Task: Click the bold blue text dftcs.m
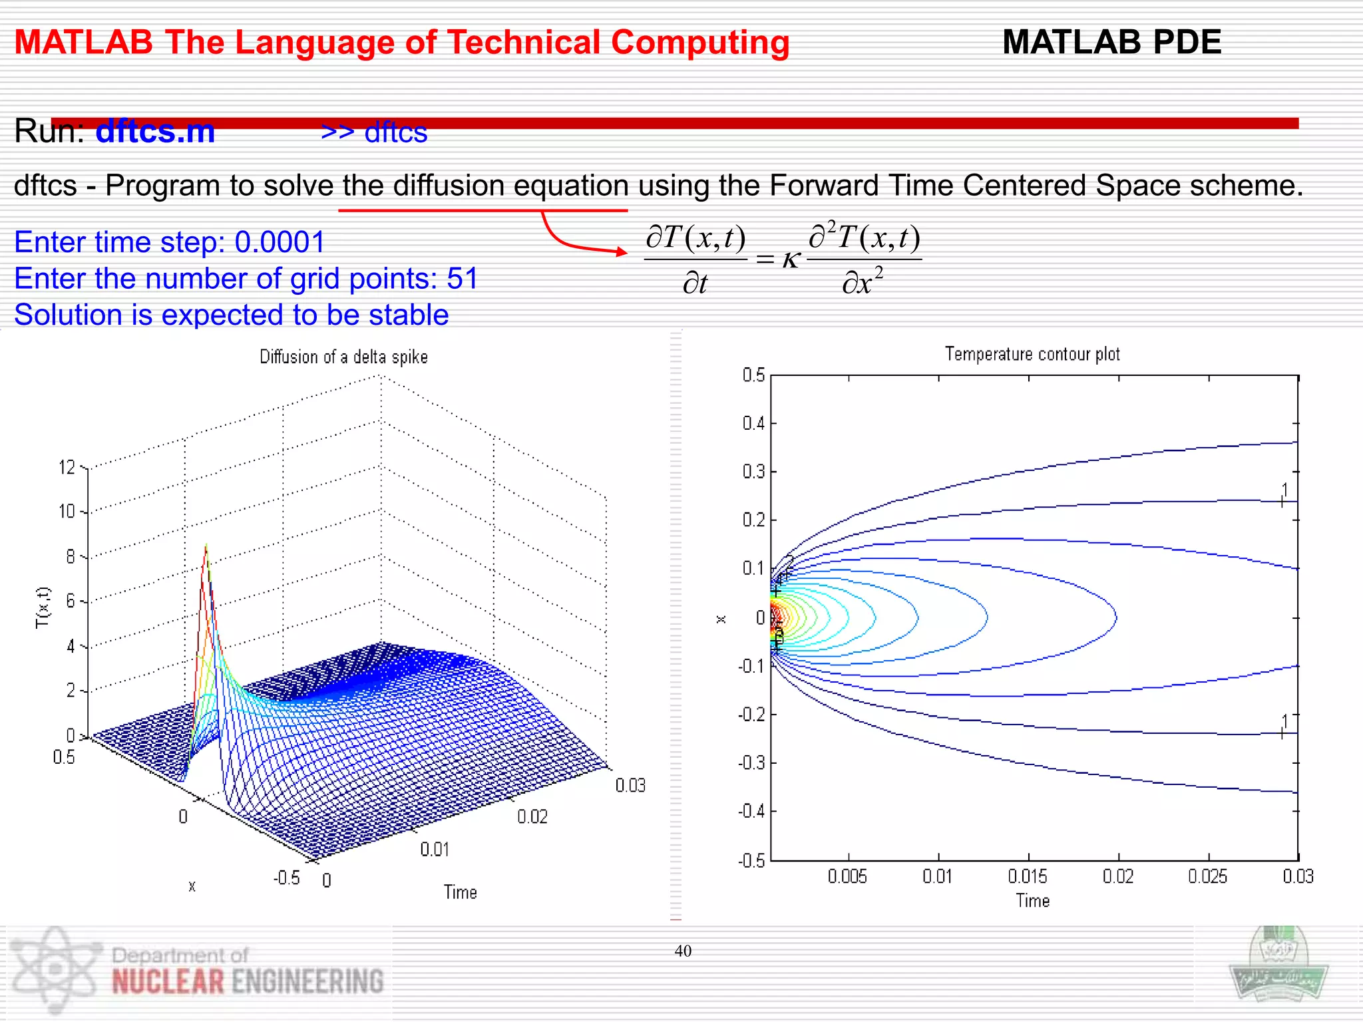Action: click(x=155, y=131)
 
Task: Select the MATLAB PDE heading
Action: click(x=1111, y=43)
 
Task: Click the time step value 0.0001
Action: click(x=280, y=242)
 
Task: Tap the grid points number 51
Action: click(x=463, y=279)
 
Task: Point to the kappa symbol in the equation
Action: click(x=791, y=259)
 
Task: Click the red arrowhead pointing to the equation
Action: click(x=621, y=252)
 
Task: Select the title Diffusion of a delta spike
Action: click(x=343, y=357)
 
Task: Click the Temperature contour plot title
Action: click(x=1032, y=354)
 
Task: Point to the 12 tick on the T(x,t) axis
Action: click(x=67, y=467)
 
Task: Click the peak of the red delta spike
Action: click(x=206, y=547)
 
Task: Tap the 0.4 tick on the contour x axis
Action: click(x=753, y=424)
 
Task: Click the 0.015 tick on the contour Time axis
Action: click(x=1028, y=876)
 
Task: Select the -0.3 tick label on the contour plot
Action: click(x=751, y=763)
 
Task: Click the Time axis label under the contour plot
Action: click(x=1032, y=901)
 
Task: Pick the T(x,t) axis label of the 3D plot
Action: click(x=43, y=607)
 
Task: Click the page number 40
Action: click(x=683, y=951)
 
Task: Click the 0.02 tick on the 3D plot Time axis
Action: click(x=532, y=816)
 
